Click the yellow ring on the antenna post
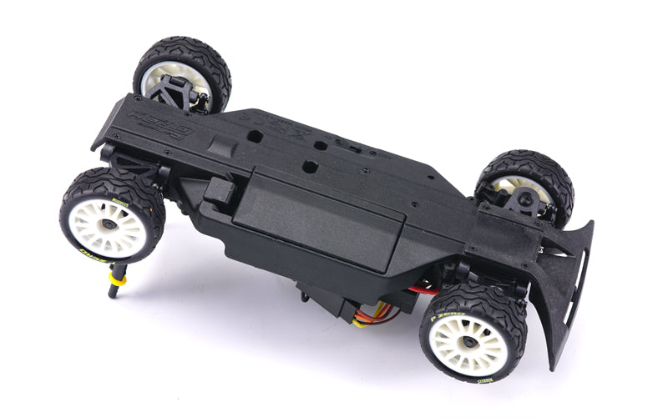(x=118, y=279)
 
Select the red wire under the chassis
(x=422, y=290)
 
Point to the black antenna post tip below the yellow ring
(x=112, y=293)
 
